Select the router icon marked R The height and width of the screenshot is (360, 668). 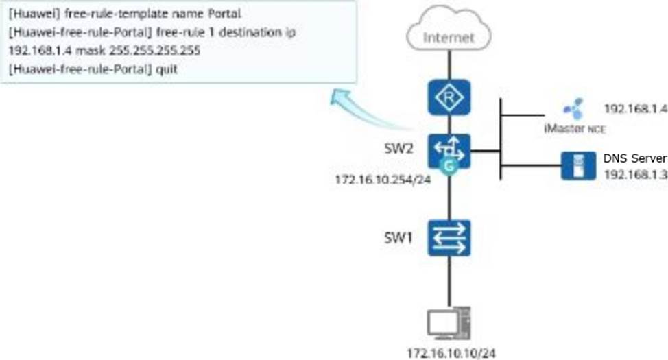(449, 97)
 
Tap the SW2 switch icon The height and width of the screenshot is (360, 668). (449, 151)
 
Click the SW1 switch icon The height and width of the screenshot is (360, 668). (449, 238)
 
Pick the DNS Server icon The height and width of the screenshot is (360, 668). (577, 166)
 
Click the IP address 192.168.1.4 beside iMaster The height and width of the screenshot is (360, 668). (635, 108)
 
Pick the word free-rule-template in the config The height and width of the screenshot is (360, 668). (108, 14)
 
